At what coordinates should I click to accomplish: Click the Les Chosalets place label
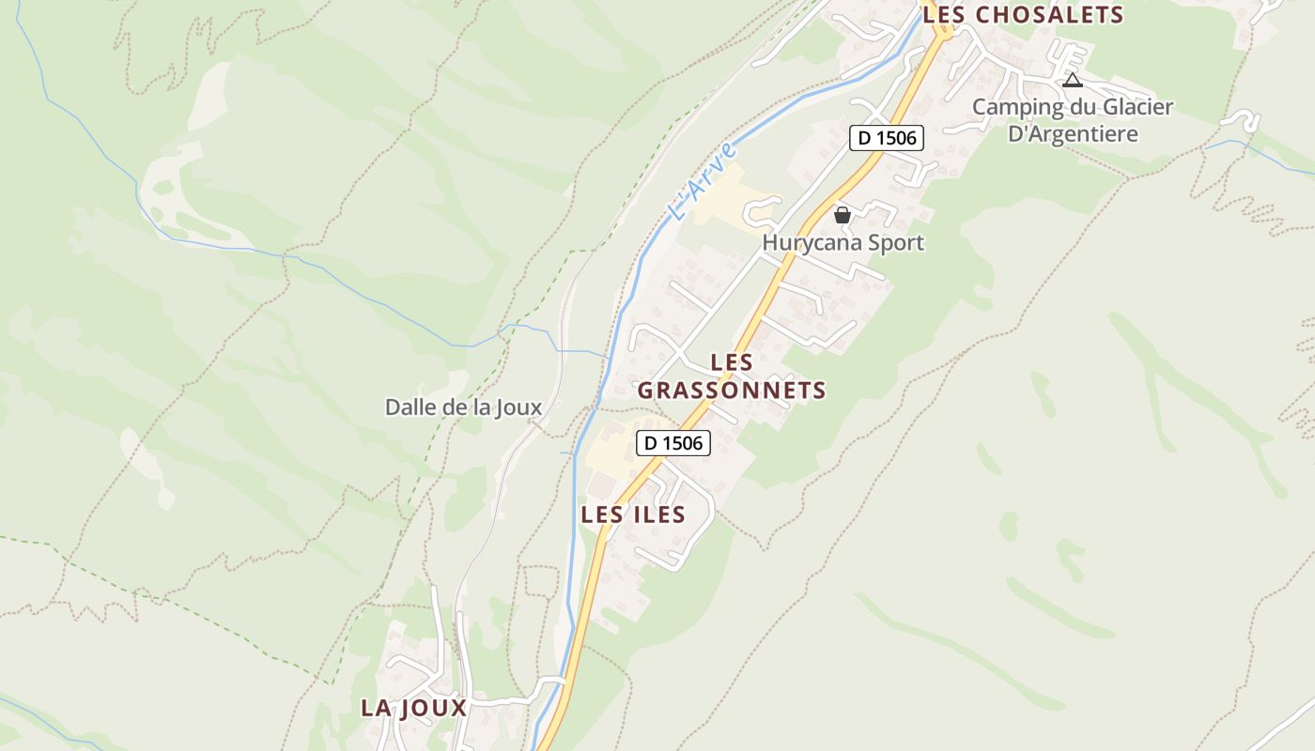click(1023, 14)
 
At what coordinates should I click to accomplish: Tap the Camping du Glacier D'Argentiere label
click(1073, 120)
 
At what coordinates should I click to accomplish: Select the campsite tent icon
click(1073, 81)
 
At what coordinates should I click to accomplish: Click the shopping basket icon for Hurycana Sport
click(843, 215)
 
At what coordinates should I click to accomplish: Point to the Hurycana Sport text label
click(843, 242)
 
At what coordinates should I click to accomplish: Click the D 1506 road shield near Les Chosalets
click(887, 138)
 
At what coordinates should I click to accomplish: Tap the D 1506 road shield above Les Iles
click(673, 443)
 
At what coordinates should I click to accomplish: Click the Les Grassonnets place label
click(732, 376)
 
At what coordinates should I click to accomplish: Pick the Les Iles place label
click(633, 514)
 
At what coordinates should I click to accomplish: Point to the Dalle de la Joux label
click(463, 406)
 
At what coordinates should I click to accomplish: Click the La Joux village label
click(413, 708)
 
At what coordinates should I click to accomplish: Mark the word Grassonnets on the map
click(732, 391)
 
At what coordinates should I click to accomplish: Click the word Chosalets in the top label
click(1050, 14)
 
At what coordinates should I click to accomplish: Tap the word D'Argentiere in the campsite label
click(1073, 133)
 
